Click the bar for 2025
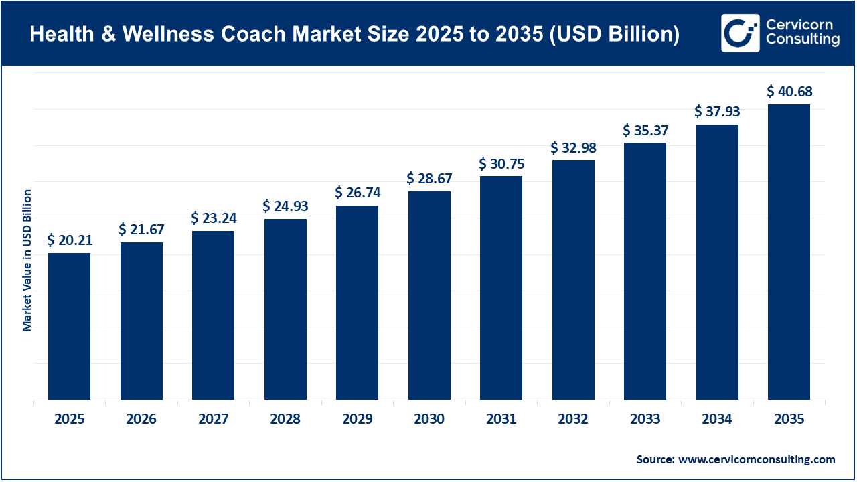point(69,326)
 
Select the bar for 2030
point(429,295)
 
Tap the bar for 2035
point(789,252)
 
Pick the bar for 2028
point(285,309)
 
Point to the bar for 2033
point(645,271)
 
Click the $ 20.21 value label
point(69,240)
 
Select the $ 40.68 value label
point(789,91)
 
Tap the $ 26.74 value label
point(357,192)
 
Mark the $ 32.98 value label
point(573,147)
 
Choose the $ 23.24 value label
point(213,218)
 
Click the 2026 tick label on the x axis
point(141,420)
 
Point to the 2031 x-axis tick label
point(501,420)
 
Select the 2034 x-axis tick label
point(717,420)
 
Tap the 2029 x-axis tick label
point(357,420)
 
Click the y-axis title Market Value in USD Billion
point(27,260)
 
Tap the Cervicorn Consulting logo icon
point(740,33)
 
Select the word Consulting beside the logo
point(803,41)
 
